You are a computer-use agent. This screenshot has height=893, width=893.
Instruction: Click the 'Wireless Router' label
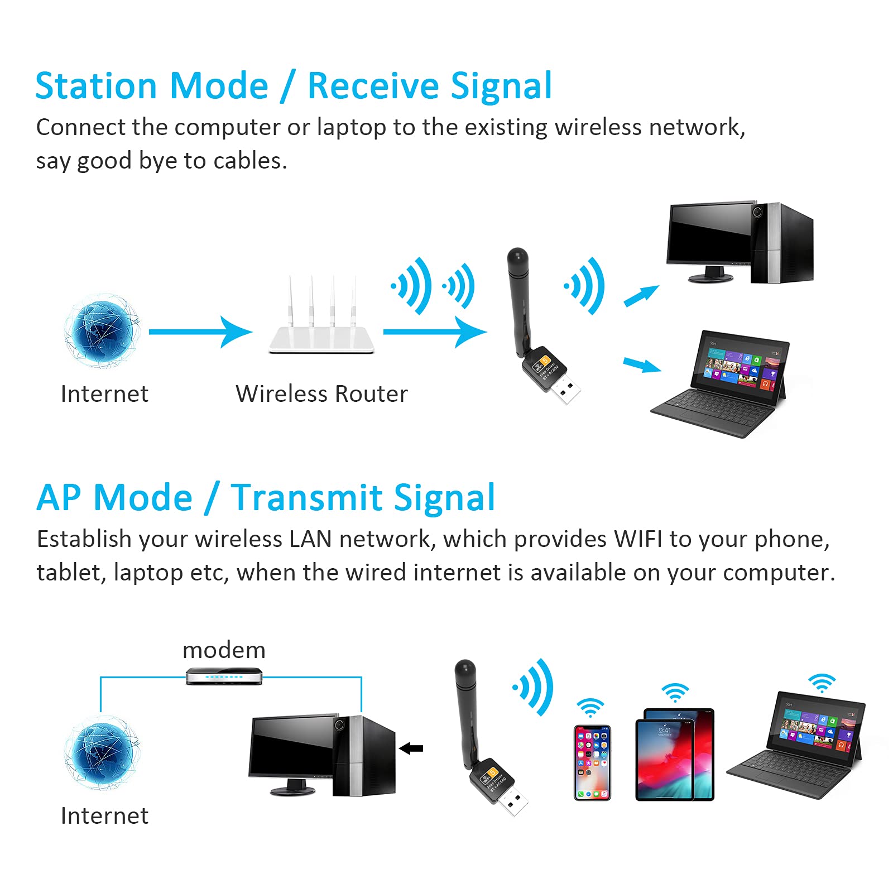pyautogui.click(x=321, y=394)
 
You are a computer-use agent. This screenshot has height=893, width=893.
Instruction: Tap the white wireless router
pyautogui.click(x=321, y=335)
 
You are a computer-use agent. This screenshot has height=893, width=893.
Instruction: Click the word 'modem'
pyautogui.click(x=224, y=650)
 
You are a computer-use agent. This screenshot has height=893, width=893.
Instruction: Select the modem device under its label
pyautogui.click(x=224, y=676)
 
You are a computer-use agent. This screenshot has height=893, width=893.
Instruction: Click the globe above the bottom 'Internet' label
pyautogui.click(x=102, y=755)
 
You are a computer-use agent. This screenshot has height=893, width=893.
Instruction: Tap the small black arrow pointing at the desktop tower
pyautogui.click(x=411, y=748)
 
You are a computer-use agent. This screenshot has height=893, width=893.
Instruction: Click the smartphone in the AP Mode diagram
pyautogui.click(x=592, y=762)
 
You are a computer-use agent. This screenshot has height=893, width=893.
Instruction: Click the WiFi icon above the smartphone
pyautogui.click(x=590, y=707)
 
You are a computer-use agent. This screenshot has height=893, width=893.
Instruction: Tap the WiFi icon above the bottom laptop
pyautogui.click(x=822, y=683)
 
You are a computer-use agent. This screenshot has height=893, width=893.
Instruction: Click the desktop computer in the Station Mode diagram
pyautogui.click(x=740, y=243)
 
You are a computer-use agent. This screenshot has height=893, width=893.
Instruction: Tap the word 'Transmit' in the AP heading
pyautogui.click(x=306, y=498)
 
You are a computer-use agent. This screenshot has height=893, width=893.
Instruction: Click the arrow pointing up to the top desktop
pyautogui.click(x=641, y=296)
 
